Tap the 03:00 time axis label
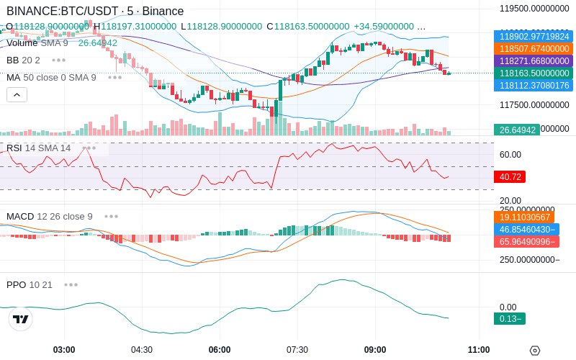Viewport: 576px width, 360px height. point(64,350)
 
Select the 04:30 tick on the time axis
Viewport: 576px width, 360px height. point(141,350)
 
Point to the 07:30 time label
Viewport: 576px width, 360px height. point(297,350)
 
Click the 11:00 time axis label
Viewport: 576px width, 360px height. point(479,350)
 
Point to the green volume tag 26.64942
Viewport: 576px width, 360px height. point(516,130)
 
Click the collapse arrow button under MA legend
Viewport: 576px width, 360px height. point(17,94)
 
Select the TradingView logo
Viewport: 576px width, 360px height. point(21,319)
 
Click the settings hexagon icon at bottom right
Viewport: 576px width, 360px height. point(534,351)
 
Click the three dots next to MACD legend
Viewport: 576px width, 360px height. point(111,216)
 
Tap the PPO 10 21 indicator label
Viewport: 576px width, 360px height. point(30,284)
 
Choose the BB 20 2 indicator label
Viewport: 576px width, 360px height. point(23,60)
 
